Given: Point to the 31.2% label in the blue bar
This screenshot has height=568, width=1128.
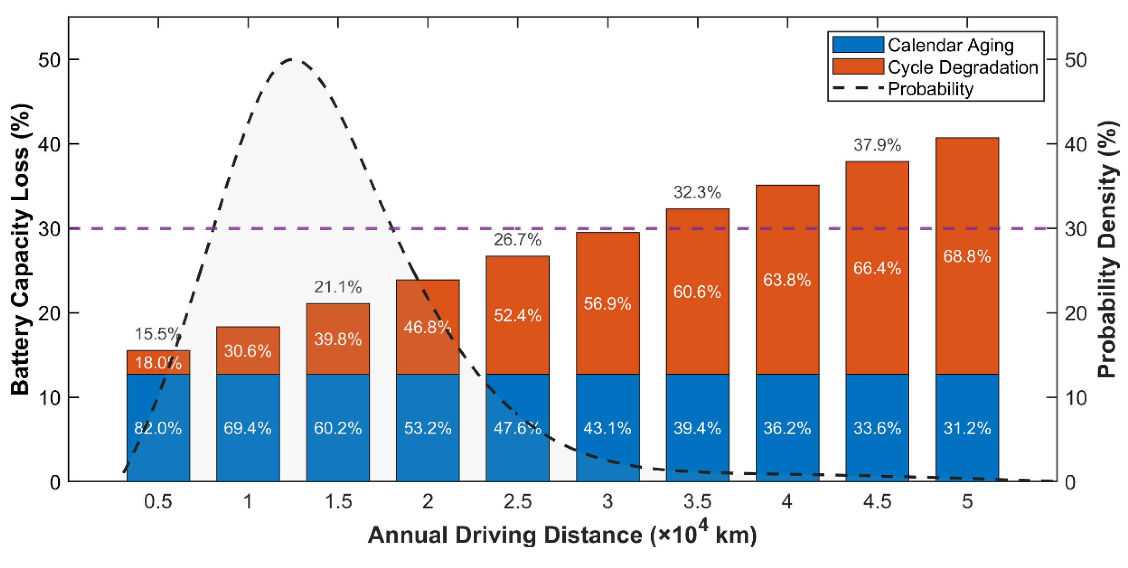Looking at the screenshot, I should tap(967, 428).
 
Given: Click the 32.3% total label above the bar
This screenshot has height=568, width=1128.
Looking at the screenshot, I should tap(697, 192).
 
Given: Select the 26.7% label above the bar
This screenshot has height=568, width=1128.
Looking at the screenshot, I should tap(517, 239).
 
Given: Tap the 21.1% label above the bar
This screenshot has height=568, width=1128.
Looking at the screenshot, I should tap(338, 287).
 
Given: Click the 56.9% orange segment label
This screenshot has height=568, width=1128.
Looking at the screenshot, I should tap(607, 303).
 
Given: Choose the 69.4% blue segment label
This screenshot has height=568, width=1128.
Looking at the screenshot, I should tap(247, 428).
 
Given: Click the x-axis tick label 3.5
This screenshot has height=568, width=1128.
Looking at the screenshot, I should tap(697, 501).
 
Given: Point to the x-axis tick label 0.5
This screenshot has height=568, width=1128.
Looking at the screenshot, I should tap(158, 501).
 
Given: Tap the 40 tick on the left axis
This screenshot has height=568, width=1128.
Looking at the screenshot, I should tap(49, 144).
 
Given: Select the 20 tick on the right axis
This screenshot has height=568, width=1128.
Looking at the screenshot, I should tap(1075, 313).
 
